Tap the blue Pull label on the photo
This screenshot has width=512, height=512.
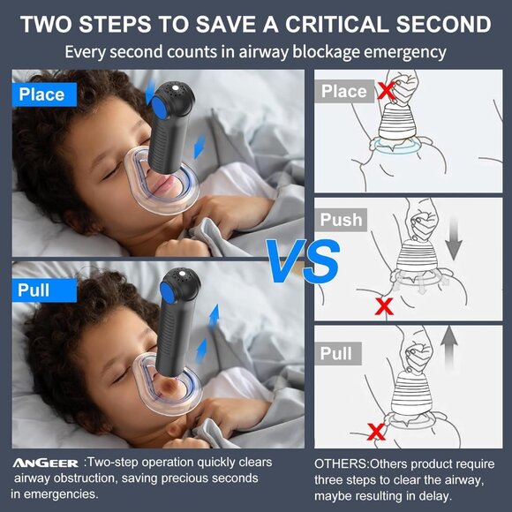pos(34,290)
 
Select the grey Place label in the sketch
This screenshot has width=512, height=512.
pos(343,92)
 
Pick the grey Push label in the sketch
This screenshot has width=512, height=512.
pos(341,220)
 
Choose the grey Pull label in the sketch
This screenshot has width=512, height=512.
pos(335,353)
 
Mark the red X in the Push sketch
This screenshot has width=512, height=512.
pos(383,306)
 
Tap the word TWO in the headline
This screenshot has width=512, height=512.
pos(49,23)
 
